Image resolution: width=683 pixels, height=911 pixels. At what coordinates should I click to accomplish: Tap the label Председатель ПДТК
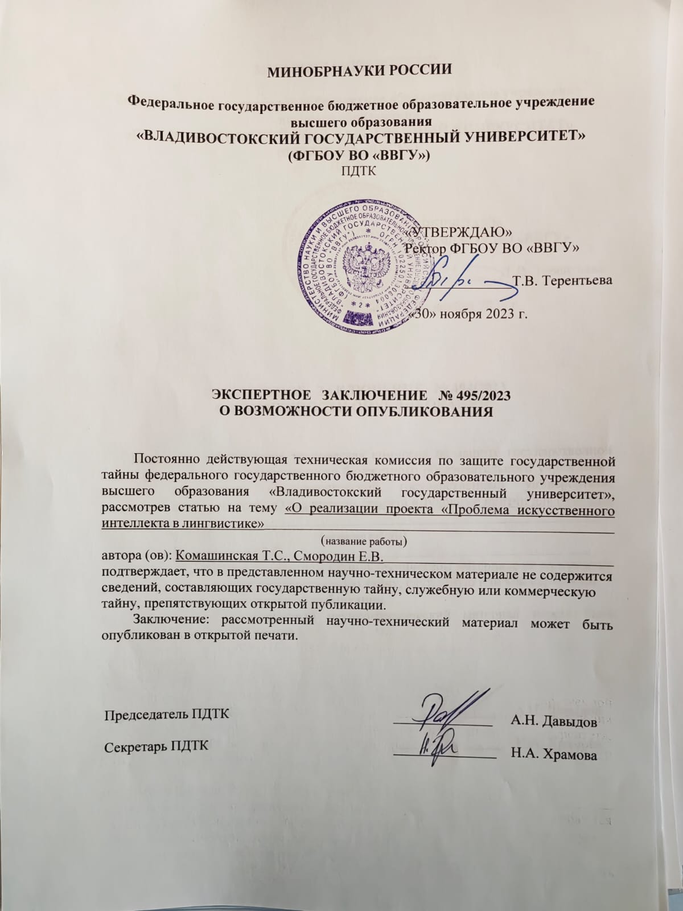pos(168,715)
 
